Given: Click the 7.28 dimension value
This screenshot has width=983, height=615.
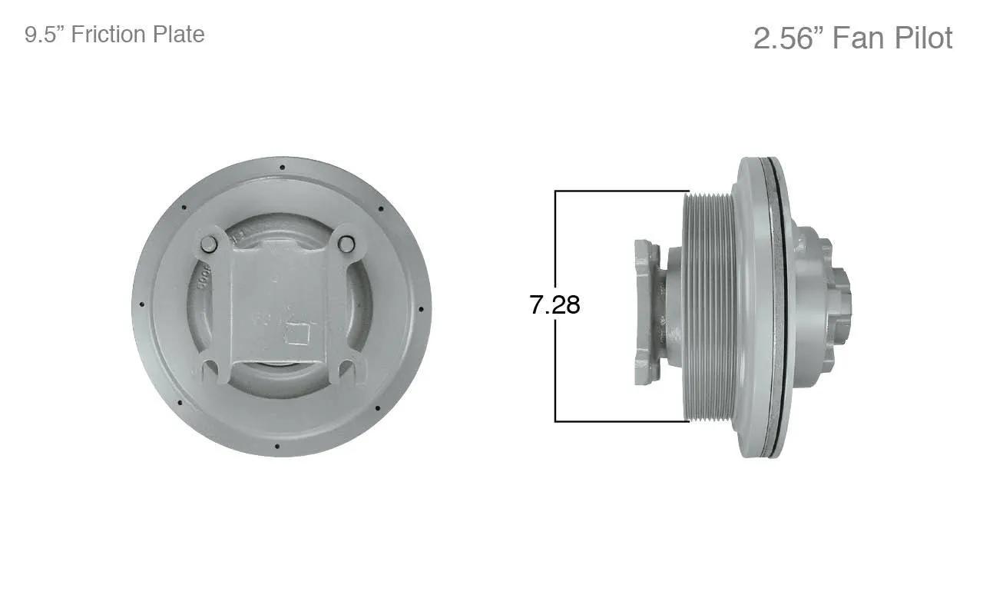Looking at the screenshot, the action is tap(554, 304).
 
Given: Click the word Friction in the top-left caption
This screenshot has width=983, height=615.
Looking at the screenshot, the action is tap(108, 35).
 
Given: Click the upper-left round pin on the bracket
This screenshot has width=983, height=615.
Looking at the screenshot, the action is tap(209, 244).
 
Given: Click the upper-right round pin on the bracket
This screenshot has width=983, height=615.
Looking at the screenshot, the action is tap(346, 244).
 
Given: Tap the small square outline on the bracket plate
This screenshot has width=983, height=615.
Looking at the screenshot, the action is tap(297, 334).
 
